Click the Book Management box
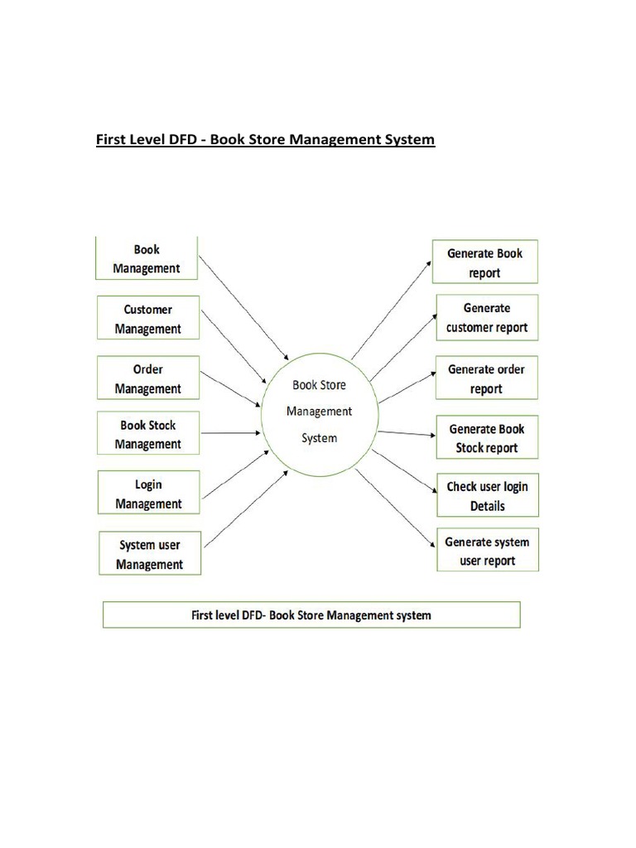pyautogui.click(x=147, y=258)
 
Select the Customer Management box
pyautogui.click(x=147, y=319)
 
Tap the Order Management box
pyautogui.click(x=147, y=378)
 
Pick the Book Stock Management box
pyautogui.click(x=147, y=434)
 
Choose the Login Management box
pyautogui.click(x=147, y=493)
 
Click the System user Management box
pyautogui.click(x=149, y=554)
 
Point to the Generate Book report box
pyautogui.click(x=485, y=263)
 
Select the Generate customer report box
pyautogui.click(x=486, y=317)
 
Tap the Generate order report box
pyautogui.click(x=486, y=378)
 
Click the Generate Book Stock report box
pyautogui.click(x=486, y=438)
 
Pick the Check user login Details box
pyautogui.click(x=486, y=495)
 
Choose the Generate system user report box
pyautogui.click(x=486, y=551)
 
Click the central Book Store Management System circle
pyautogui.click(x=320, y=412)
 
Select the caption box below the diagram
pyautogui.click(x=311, y=615)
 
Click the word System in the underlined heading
pyautogui.click(x=406, y=139)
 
